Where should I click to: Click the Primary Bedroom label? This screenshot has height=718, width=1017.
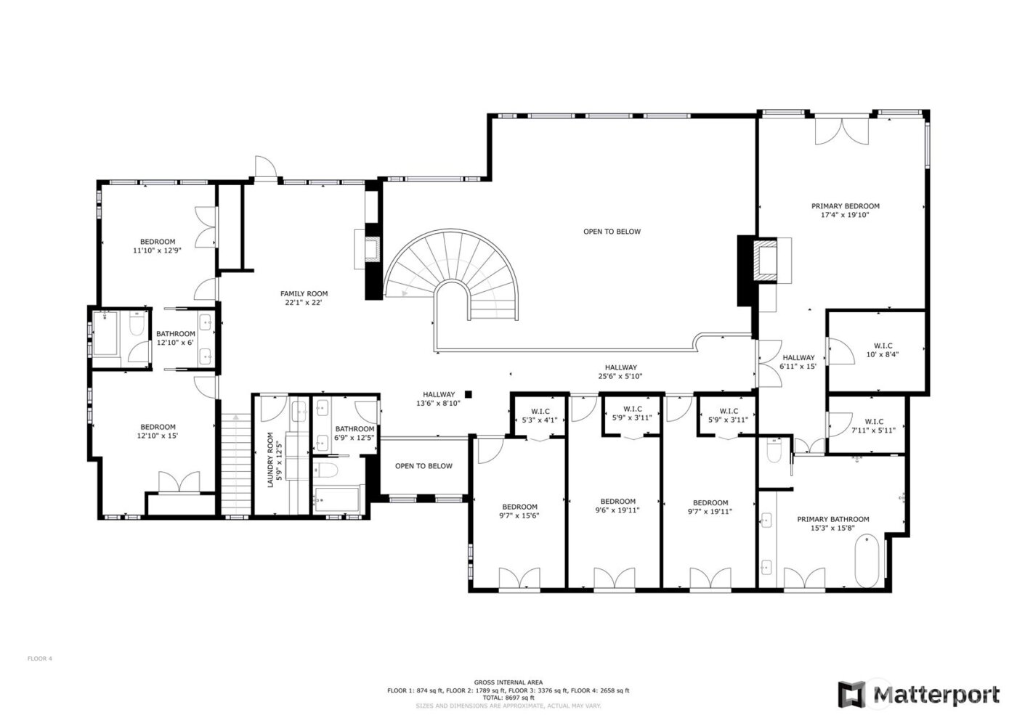(845, 211)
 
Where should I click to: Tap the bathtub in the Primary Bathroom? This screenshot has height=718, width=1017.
(867, 561)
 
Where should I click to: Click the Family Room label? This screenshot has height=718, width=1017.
(304, 298)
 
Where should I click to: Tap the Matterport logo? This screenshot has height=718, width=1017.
(918, 693)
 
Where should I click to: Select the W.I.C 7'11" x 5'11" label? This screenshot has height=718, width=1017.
(874, 425)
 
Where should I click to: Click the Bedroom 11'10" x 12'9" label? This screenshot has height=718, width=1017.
(158, 246)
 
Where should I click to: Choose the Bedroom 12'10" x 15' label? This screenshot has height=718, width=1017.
(158, 431)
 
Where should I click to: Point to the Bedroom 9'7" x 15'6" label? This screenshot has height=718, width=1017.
(519, 511)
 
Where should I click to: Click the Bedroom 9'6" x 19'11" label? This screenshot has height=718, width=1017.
(617, 506)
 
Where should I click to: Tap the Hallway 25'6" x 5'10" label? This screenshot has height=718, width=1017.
(620, 372)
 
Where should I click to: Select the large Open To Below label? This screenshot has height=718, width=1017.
(612, 232)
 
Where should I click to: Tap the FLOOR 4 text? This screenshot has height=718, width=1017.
(40, 658)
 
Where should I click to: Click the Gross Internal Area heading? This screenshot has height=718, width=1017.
(508, 682)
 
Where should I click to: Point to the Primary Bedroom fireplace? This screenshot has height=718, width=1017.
(765, 259)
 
